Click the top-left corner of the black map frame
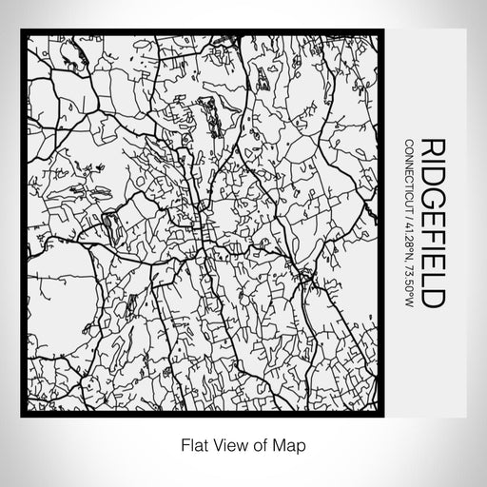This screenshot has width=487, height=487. tap(23, 32)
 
